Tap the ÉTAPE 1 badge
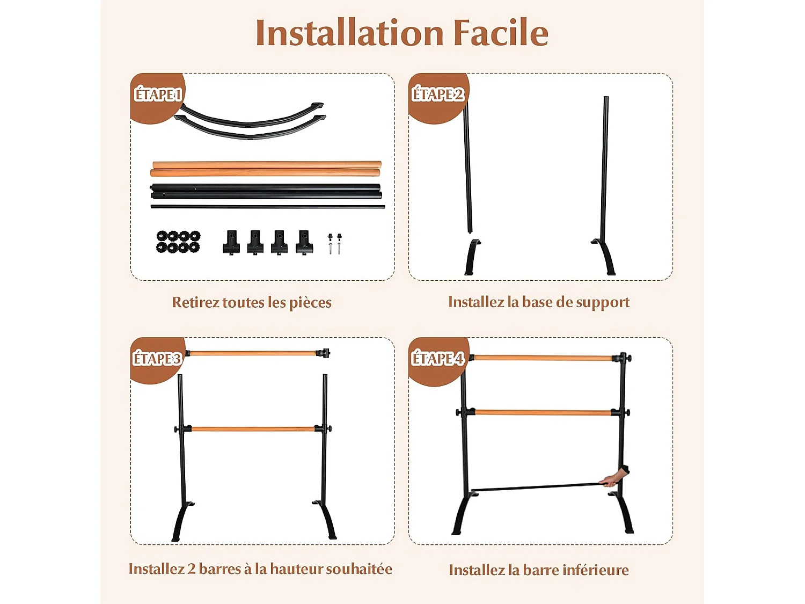(158, 95)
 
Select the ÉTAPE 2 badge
(437, 95)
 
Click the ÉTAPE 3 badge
(157, 359)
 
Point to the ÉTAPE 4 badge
(437, 359)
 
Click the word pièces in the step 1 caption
(310, 303)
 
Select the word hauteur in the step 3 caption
(297, 569)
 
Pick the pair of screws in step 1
(335, 243)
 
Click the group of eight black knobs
(178, 242)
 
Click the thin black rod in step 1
(267, 207)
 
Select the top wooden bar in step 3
(253, 353)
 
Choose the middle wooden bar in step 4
(543, 412)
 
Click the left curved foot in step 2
(472, 257)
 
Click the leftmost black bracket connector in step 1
(231, 243)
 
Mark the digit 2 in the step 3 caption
(192, 569)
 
